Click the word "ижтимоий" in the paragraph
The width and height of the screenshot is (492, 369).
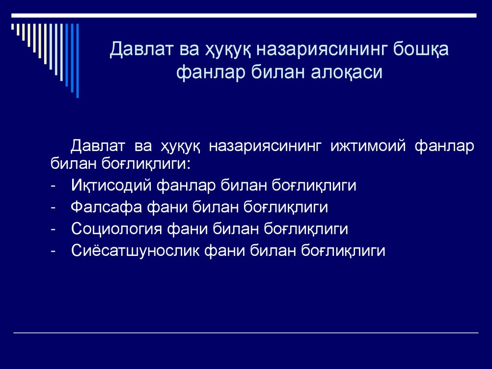tap(368, 145)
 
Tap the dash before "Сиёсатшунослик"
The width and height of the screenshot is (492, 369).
tap(52, 251)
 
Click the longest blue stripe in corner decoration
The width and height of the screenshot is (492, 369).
tap(77, 61)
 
